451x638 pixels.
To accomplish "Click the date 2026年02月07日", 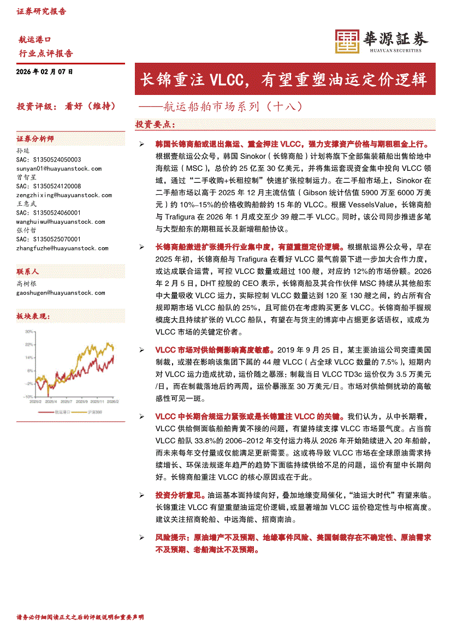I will click(x=44, y=72).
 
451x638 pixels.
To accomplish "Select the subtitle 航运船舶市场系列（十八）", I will click(x=224, y=106).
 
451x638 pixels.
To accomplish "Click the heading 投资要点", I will click(x=155, y=125).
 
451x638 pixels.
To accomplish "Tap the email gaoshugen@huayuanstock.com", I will click(x=60, y=293).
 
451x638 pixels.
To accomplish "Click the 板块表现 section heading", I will click(x=33, y=316).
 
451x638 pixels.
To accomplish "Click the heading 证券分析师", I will click(x=35, y=139).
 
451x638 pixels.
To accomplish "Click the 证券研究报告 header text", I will click(x=41, y=11).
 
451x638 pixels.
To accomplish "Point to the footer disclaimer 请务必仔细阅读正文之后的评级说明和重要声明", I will click(x=81, y=617).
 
